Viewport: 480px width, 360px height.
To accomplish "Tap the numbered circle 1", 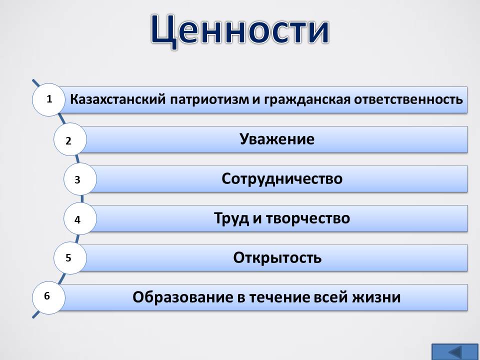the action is [48, 100].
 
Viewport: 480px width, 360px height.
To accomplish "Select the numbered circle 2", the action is [70, 139].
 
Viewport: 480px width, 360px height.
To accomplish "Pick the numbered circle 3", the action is [80, 179].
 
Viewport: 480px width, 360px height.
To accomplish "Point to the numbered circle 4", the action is [80, 218].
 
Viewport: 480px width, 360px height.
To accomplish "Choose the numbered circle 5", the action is [70, 258].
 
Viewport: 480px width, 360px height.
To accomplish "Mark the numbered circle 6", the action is [48, 297].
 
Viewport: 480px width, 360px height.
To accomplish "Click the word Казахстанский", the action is [118, 99].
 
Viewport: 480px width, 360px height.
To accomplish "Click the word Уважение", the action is [276, 139].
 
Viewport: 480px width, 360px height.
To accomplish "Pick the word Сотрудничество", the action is [282, 179].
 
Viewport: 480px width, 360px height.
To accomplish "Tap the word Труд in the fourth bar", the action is [231, 218].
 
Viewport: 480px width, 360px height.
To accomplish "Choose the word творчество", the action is [307, 219].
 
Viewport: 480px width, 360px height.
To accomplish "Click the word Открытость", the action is [277, 258].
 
